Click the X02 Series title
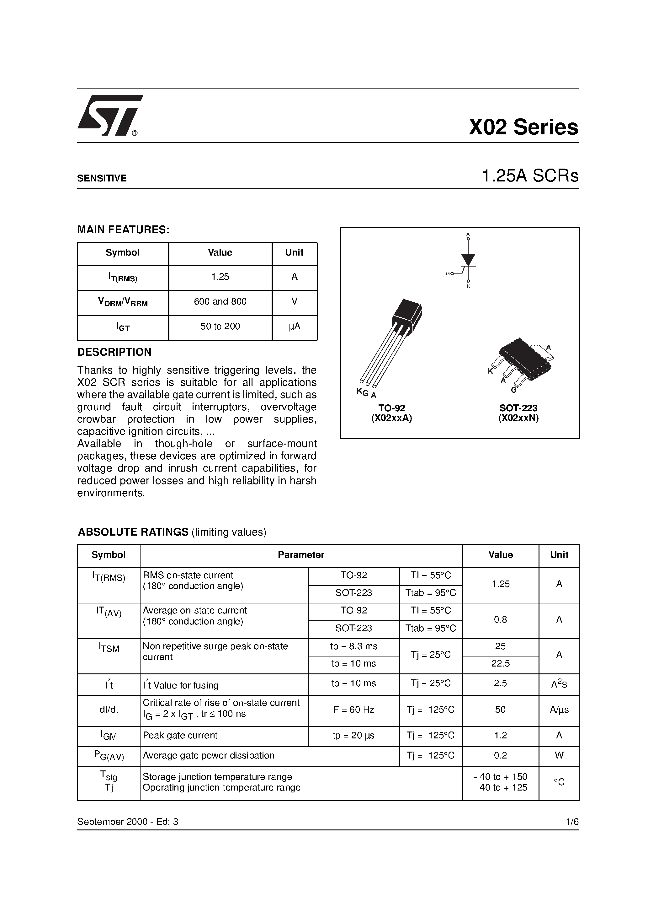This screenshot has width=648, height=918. click(523, 127)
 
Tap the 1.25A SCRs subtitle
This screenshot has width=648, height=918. click(530, 176)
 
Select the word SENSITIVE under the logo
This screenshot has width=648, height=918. click(102, 178)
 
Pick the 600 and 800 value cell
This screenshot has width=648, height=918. click(220, 301)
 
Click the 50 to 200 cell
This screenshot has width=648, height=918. click(220, 326)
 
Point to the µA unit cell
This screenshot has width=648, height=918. click(295, 326)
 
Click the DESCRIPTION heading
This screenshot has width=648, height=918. click(114, 352)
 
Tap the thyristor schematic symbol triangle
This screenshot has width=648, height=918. click(468, 259)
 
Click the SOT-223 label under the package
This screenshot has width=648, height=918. click(518, 408)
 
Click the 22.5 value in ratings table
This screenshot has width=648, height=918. click(500, 663)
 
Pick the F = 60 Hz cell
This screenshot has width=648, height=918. click(353, 710)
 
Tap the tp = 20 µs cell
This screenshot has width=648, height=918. click(353, 735)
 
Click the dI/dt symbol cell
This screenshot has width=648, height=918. click(109, 710)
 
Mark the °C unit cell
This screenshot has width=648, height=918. click(559, 782)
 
